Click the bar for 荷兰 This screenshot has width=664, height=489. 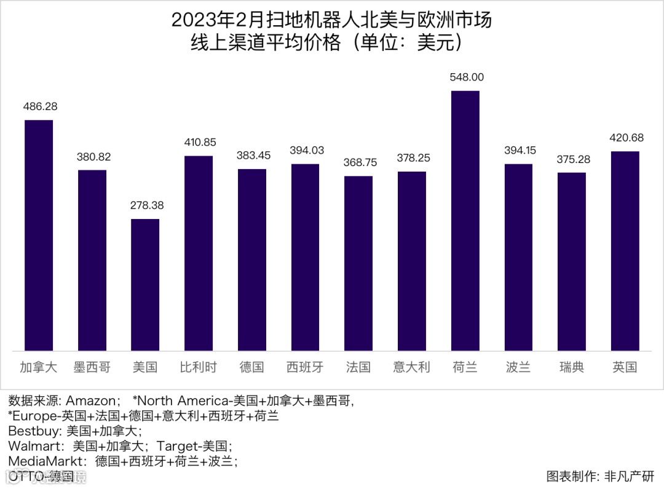pyautogui.click(x=465, y=221)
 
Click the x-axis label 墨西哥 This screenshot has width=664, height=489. pyautogui.click(x=92, y=368)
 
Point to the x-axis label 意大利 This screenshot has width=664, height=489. pyautogui.click(x=412, y=368)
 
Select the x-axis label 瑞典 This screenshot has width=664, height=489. pyautogui.click(x=572, y=368)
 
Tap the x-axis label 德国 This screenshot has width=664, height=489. pyautogui.click(x=252, y=368)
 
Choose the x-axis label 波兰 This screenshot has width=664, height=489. pyautogui.click(x=518, y=368)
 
